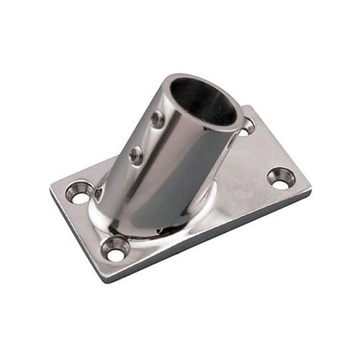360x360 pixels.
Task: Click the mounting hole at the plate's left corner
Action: click(78, 192)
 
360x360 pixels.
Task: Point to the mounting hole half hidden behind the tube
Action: click(247, 127)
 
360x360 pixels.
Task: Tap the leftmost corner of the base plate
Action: click(50, 189)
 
